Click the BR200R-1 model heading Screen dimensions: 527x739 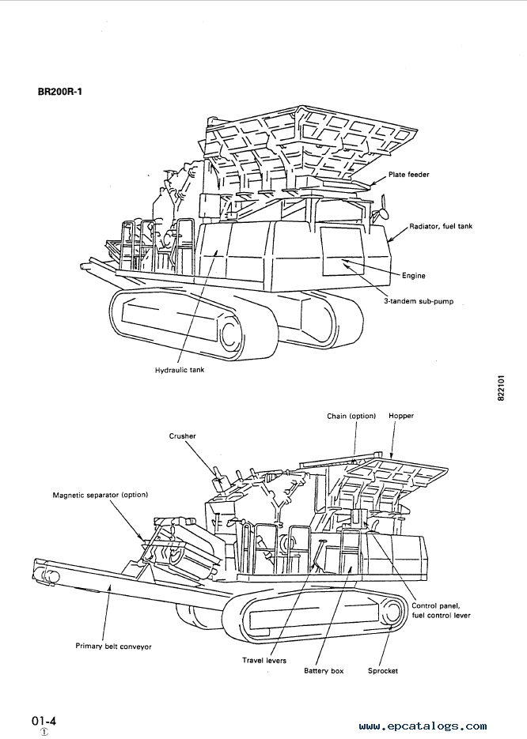[60, 92]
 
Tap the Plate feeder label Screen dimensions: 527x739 [408, 175]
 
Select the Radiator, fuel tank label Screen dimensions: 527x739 [441, 226]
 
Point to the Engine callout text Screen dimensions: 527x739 [413, 276]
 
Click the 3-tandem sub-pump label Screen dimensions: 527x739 [419, 300]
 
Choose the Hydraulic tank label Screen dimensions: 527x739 [180, 370]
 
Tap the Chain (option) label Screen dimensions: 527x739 [351, 417]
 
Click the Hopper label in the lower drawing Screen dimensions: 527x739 [401, 416]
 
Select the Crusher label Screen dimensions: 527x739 [183, 436]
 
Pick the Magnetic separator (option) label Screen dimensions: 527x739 [100, 496]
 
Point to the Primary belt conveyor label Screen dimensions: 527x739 [114, 647]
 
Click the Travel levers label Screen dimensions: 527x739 [264, 660]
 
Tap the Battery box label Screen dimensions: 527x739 [324, 671]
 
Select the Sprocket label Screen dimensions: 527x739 [383, 671]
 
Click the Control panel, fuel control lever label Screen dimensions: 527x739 [441, 610]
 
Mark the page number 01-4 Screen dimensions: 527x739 [44, 721]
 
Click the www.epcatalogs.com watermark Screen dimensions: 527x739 [423, 726]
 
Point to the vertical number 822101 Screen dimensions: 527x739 [501, 388]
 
